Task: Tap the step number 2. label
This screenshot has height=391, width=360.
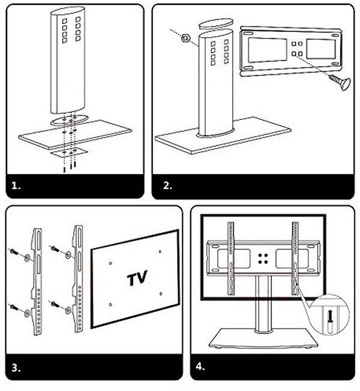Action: (x=167, y=186)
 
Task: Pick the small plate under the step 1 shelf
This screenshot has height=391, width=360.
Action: (x=67, y=152)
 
